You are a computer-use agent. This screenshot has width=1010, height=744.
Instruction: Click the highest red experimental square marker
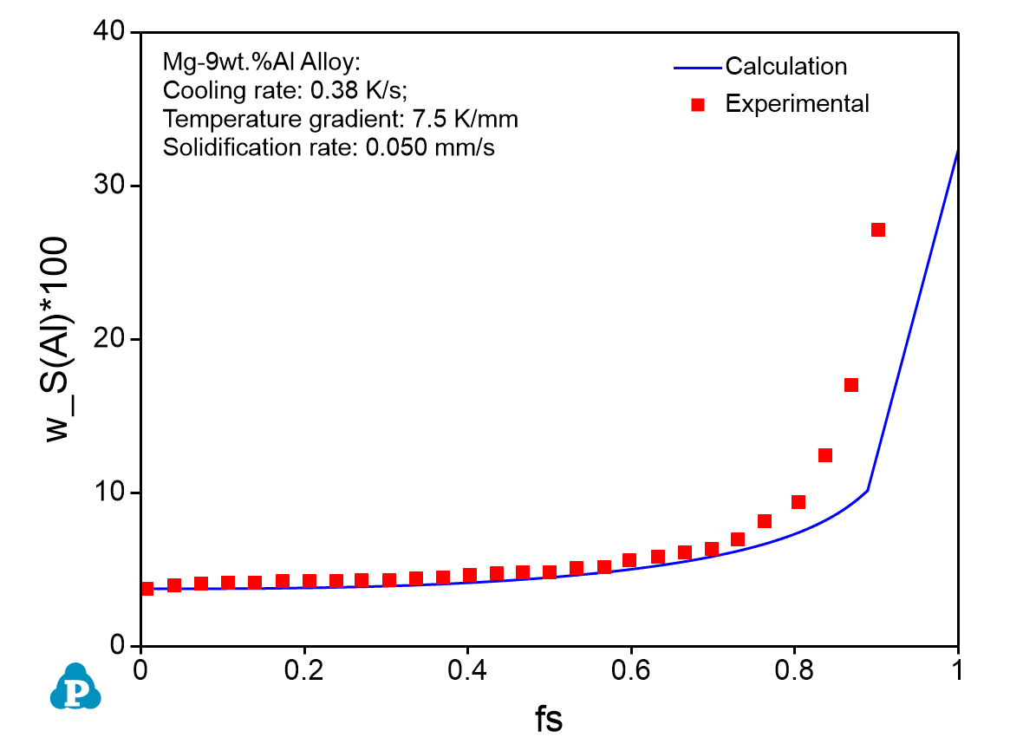click(x=877, y=230)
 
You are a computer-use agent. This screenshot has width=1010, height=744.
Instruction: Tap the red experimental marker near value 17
click(x=851, y=385)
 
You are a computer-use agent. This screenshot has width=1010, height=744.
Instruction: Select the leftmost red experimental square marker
click(x=147, y=589)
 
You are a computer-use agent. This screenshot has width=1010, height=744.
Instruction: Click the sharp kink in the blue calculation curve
click(x=867, y=491)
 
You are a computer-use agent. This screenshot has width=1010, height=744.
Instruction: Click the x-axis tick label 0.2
click(x=303, y=671)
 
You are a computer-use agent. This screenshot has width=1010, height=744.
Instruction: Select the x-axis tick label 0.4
click(x=467, y=671)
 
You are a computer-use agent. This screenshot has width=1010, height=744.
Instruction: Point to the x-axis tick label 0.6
click(x=631, y=671)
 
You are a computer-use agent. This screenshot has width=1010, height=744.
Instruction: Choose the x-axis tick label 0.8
click(x=794, y=671)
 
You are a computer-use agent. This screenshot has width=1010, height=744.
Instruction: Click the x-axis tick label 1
click(x=957, y=671)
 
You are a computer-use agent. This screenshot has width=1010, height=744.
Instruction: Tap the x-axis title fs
click(x=548, y=719)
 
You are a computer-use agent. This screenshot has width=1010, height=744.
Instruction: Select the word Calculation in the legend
click(x=785, y=66)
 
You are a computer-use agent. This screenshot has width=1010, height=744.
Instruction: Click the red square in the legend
click(x=698, y=104)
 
